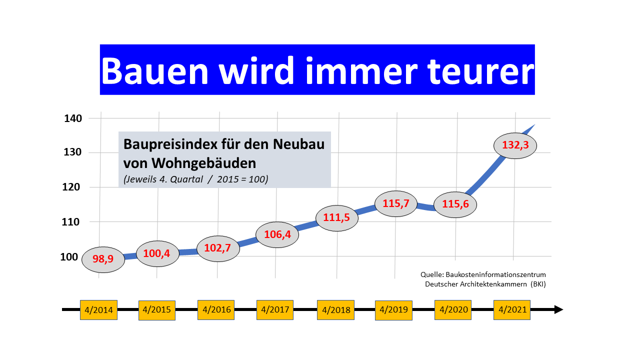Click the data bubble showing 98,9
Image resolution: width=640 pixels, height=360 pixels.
[x=103, y=259]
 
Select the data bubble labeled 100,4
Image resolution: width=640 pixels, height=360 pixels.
[x=157, y=253]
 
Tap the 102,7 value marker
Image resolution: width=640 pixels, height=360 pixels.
[x=218, y=248]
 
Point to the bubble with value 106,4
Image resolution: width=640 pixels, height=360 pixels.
[x=277, y=234]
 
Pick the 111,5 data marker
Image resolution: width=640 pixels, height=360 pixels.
[x=337, y=218]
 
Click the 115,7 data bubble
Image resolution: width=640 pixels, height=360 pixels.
[x=396, y=203]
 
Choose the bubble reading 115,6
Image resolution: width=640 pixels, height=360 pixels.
[x=455, y=204]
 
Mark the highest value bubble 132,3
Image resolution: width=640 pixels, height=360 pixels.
[x=515, y=145]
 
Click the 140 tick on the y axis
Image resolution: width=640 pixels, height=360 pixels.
[x=73, y=118]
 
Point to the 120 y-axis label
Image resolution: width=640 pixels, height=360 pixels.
[x=71, y=187]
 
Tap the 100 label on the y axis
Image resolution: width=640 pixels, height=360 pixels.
[x=69, y=257]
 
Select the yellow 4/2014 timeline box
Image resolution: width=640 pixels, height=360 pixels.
[x=98, y=309]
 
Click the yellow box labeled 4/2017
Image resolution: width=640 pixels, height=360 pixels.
[x=275, y=309]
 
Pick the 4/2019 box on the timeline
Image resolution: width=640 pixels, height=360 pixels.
[x=393, y=310]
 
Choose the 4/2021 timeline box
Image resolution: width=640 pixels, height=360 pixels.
[x=512, y=309]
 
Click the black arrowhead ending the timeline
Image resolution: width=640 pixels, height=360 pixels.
[x=558, y=309]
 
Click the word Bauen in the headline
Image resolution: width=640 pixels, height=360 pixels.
[x=154, y=70]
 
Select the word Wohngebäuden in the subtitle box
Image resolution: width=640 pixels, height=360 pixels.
[x=203, y=163]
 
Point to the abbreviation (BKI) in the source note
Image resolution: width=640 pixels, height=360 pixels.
[x=538, y=284]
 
